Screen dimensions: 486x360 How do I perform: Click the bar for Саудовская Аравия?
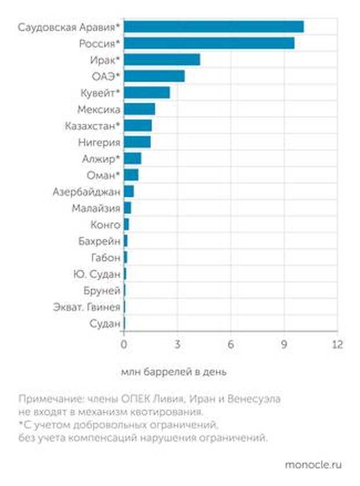click(213, 27)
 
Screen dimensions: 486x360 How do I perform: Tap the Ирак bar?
click(161, 60)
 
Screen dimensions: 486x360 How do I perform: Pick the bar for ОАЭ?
click(154, 76)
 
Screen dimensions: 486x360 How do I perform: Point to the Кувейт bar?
click(146, 93)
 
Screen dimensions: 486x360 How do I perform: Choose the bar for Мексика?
click(139, 109)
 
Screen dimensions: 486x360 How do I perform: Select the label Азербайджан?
click(87, 192)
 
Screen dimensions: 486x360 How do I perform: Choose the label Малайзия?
click(96, 208)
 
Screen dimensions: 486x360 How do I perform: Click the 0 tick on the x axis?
click(124, 344)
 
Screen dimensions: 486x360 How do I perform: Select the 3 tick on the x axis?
click(177, 344)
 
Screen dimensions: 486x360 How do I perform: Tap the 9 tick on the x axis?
click(284, 344)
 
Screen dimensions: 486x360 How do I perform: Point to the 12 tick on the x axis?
click(337, 344)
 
